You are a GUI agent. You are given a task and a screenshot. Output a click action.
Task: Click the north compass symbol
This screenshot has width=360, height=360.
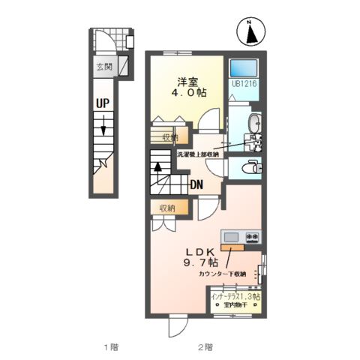(x=250, y=31)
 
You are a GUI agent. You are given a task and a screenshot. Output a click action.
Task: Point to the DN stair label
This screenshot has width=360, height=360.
(x=196, y=184)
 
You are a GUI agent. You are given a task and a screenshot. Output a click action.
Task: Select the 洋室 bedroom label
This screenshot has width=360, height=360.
(x=188, y=82)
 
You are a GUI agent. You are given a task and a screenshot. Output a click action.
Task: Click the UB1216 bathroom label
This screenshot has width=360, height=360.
(x=244, y=85)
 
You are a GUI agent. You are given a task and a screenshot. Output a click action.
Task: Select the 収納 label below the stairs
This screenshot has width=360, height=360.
(x=166, y=208)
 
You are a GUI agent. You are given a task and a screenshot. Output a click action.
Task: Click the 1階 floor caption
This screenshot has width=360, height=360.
(x=110, y=346)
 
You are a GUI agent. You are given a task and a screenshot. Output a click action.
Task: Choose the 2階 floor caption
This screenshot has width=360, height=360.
(x=205, y=346)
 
